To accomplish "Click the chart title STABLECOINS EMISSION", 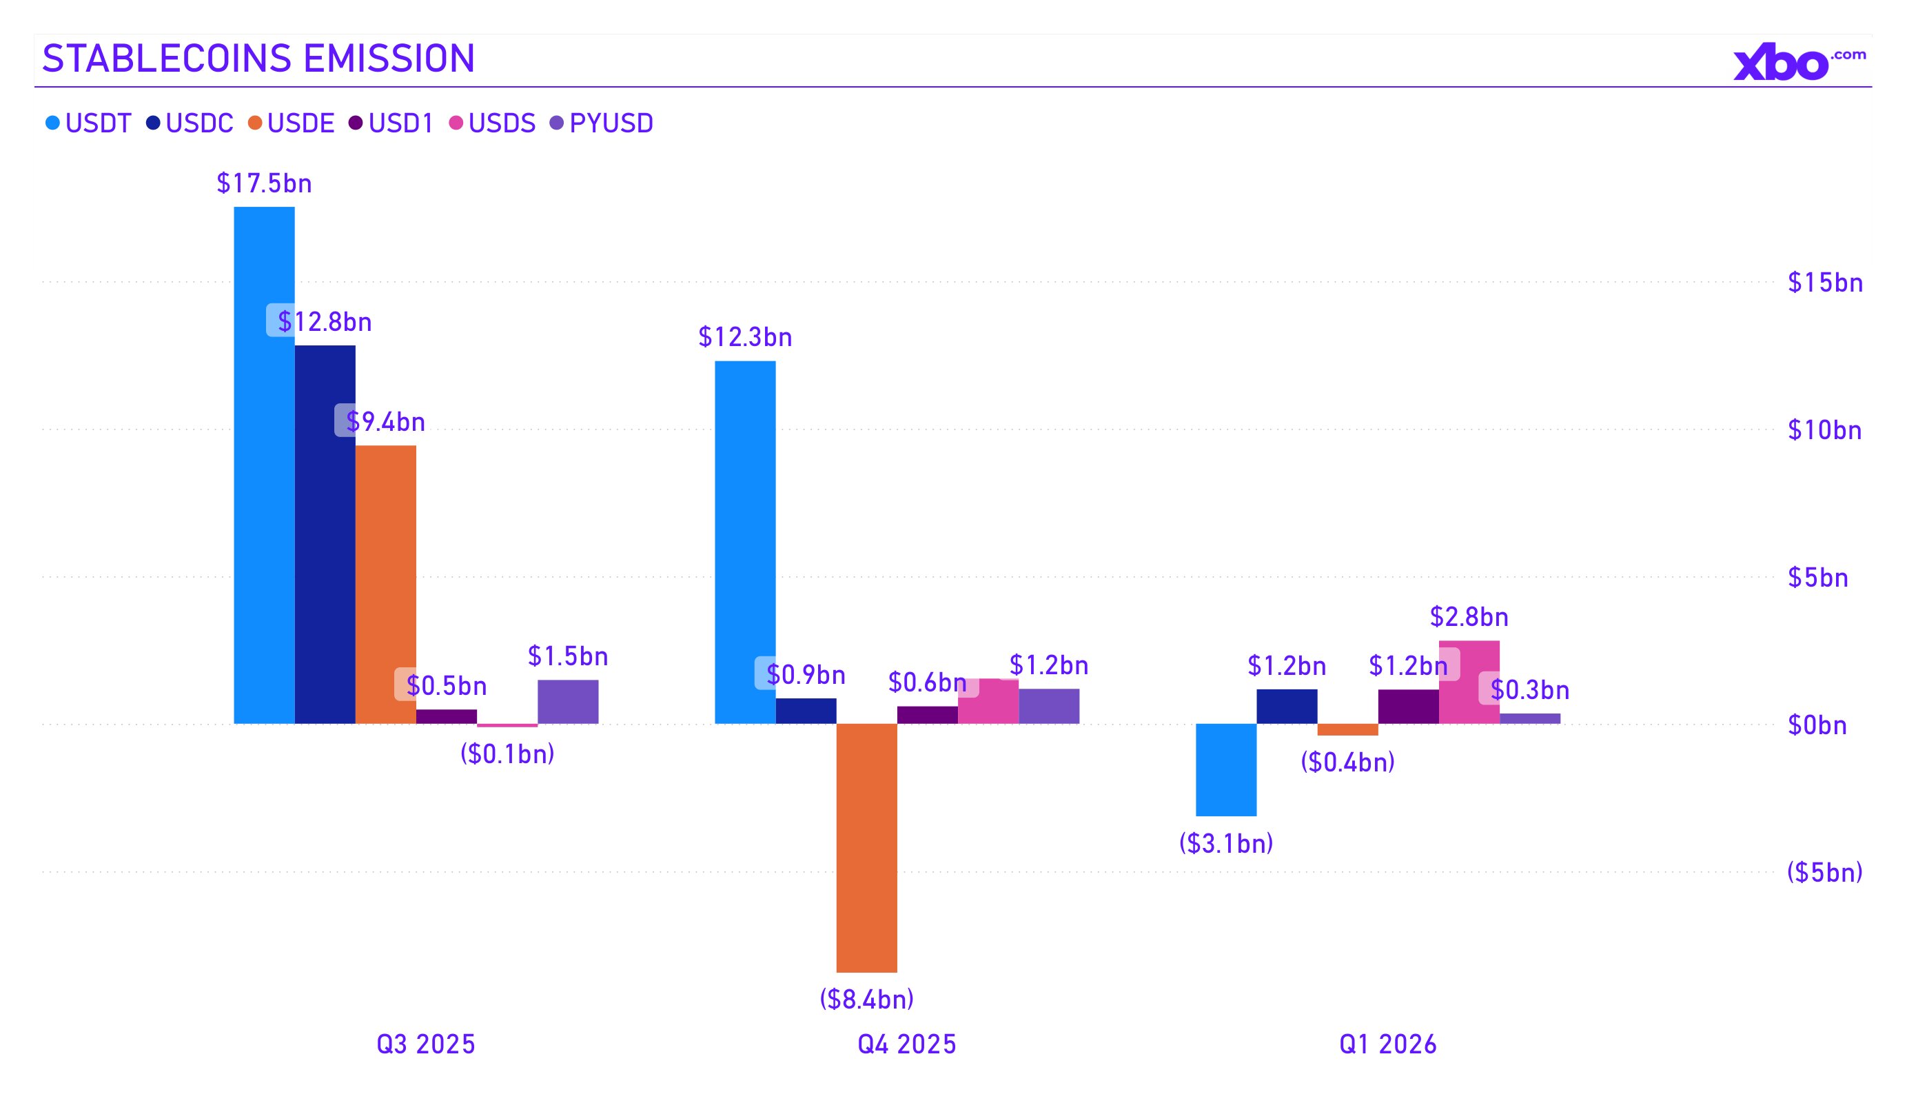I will point(258,59).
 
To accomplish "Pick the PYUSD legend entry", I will point(602,123).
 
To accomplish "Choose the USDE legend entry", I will point(292,123).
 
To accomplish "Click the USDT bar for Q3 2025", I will point(264,465).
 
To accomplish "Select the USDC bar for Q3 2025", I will point(325,534).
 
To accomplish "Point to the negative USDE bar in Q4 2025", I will point(866,848).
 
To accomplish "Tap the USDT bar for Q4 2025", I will point(746,542).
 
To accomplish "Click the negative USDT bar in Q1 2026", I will point(1226,770).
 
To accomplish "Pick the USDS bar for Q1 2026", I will point(1469,682).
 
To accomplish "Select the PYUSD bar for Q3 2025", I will point(568,702).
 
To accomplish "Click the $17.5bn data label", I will point(264,183).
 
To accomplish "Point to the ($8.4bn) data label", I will point(866,1000).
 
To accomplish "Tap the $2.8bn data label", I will point(1469,617).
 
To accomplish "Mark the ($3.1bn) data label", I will point(1226,843).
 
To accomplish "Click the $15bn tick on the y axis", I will point(1824,283).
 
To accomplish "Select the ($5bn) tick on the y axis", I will point(1824,873).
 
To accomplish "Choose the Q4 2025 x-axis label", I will point(906,1044).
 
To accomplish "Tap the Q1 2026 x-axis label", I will point(1388,1044).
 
